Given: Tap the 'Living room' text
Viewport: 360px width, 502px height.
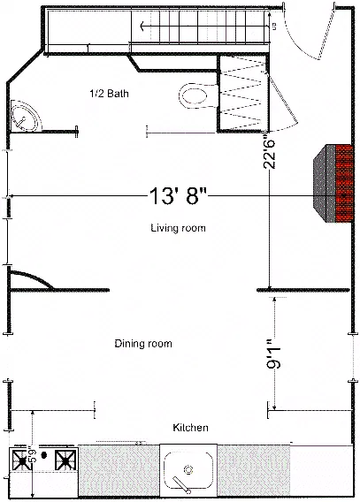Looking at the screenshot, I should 178,228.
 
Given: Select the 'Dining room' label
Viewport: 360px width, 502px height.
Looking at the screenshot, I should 143,344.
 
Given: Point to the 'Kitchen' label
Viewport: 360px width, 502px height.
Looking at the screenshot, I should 190,428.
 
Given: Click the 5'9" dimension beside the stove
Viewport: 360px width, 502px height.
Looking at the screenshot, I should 34,459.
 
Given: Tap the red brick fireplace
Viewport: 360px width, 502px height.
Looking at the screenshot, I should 335,184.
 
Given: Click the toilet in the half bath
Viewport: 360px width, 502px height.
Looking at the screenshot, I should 194,92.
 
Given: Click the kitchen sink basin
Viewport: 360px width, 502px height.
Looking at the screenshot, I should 188,468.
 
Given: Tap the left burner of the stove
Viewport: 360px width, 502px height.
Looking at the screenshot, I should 19,459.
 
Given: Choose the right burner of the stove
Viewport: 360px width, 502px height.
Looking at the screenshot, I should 65,459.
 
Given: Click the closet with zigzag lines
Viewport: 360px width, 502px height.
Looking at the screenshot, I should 241,93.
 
